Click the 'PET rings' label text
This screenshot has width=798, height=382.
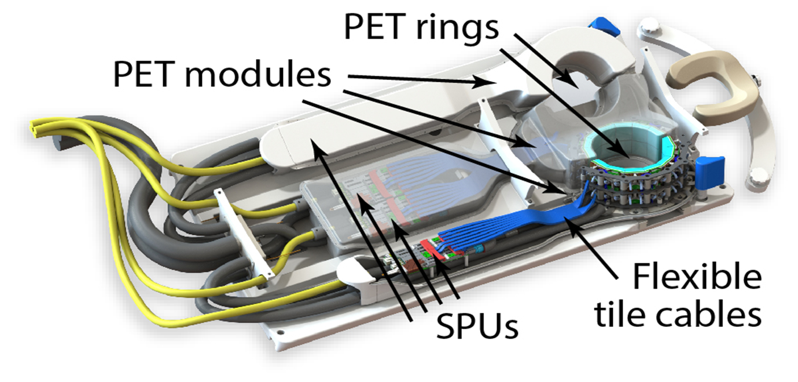point(421,27)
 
